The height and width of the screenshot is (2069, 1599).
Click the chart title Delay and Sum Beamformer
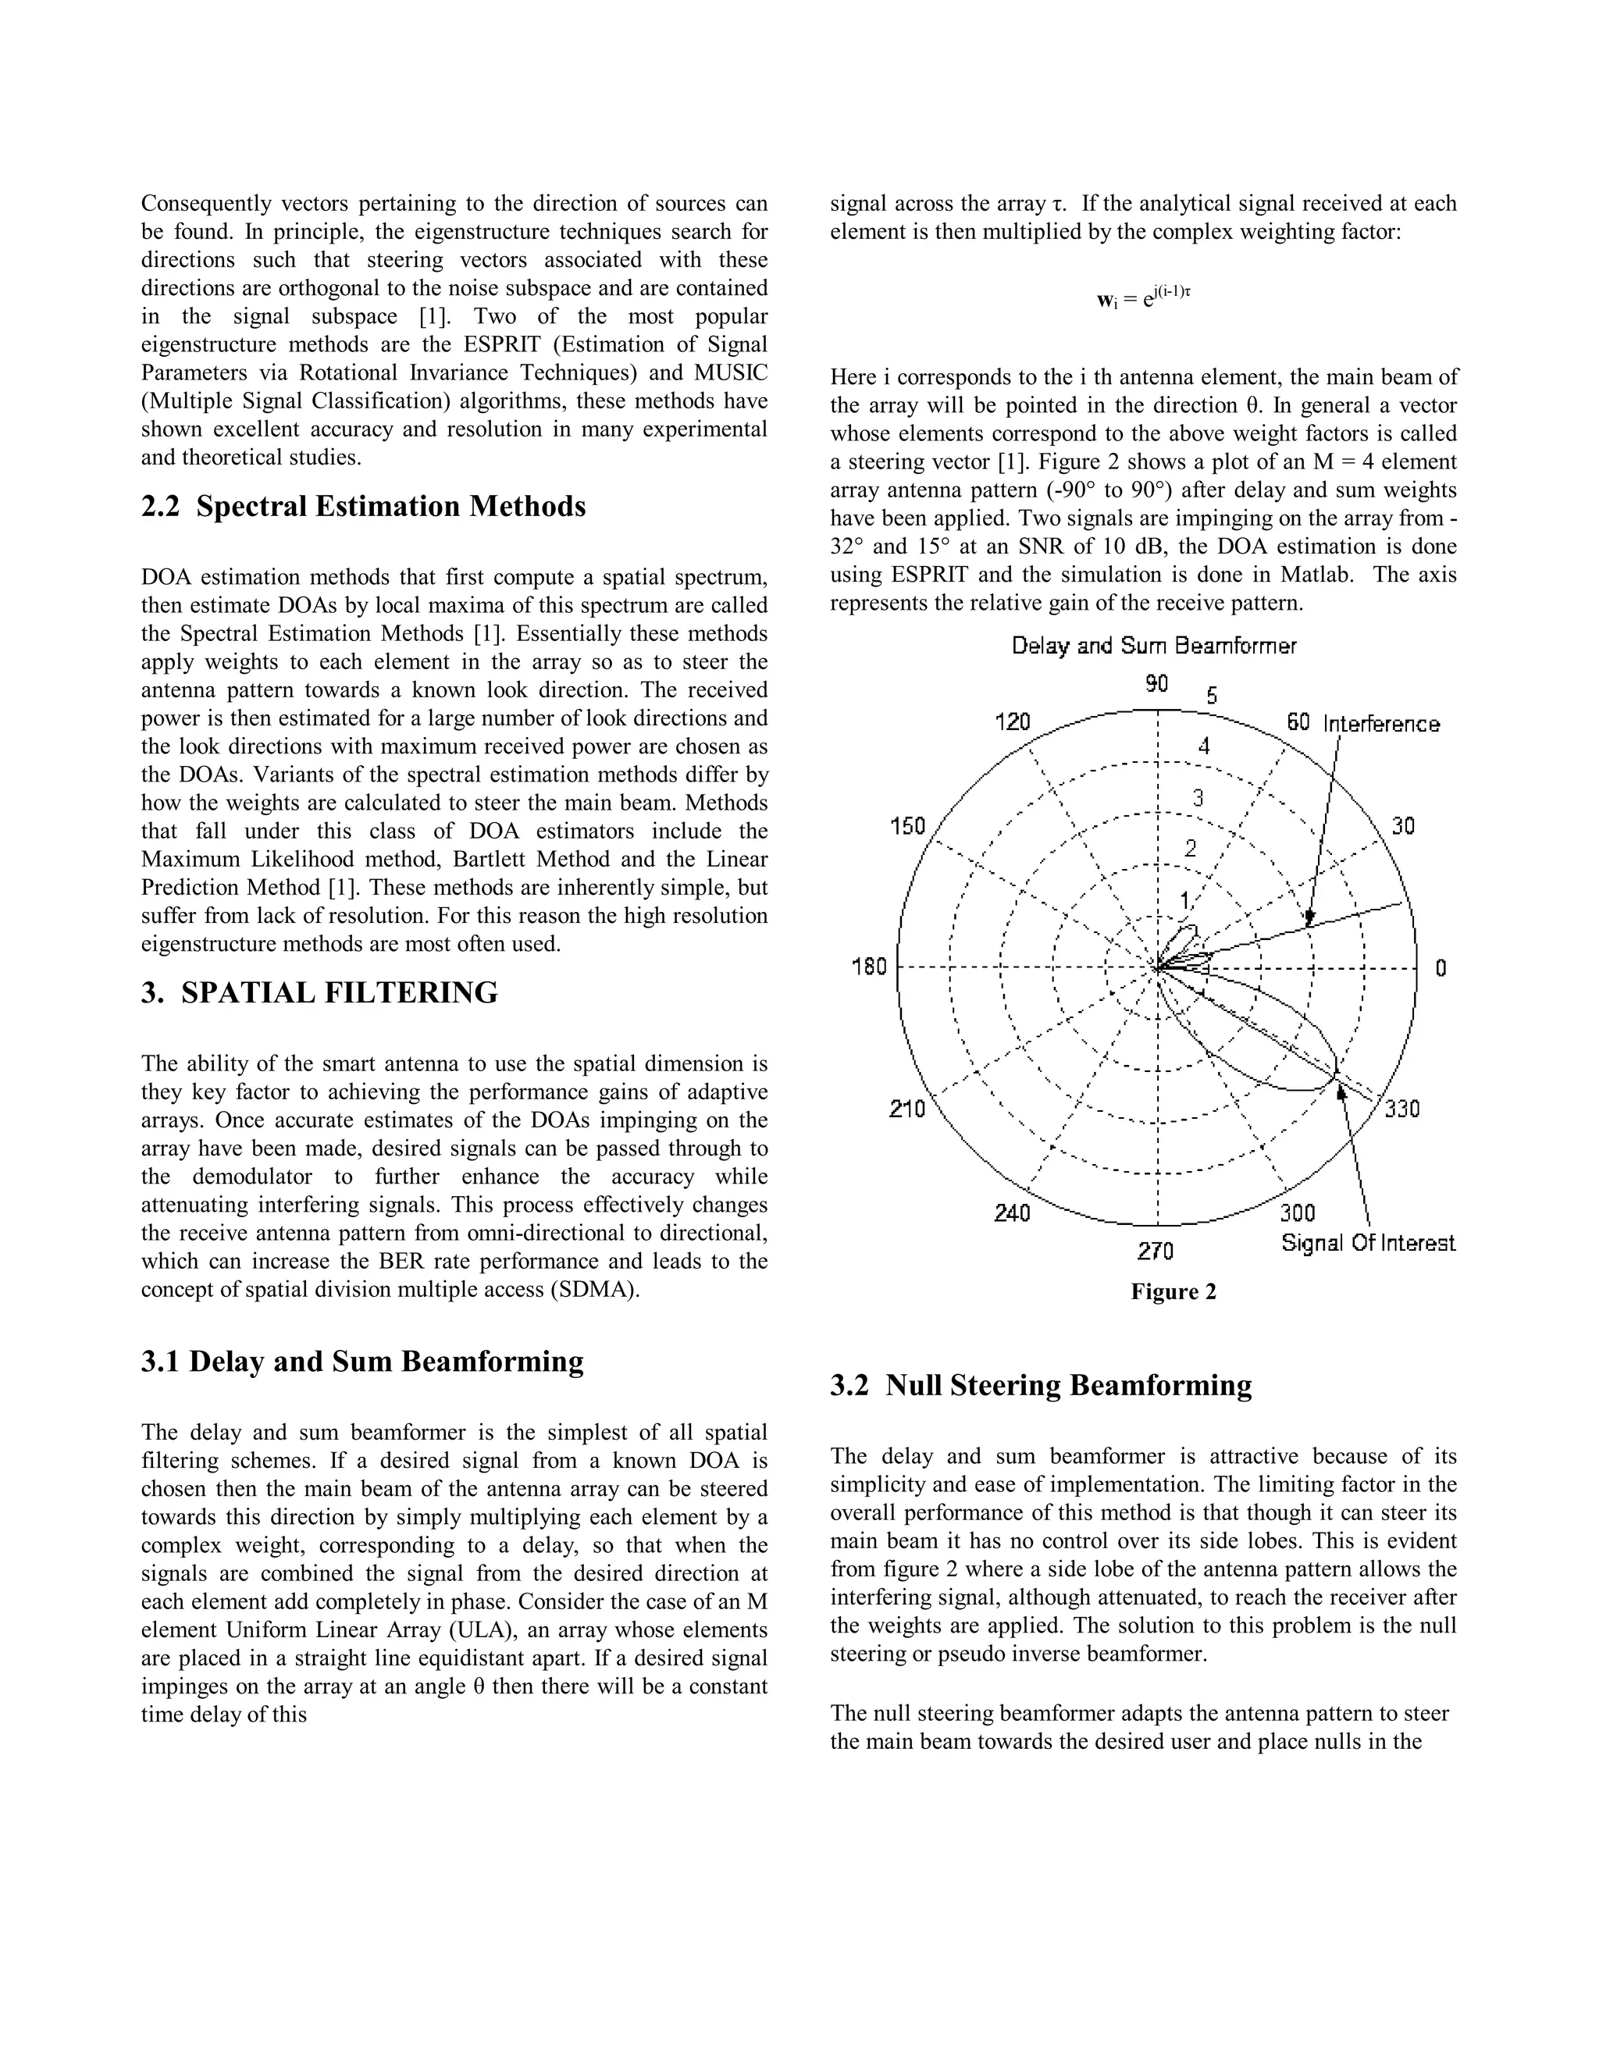point(1153,646)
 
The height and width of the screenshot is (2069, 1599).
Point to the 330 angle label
point(1402,1109)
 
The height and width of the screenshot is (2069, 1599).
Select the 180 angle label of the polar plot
point(870,967)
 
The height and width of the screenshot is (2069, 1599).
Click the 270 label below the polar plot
point(1156,1252)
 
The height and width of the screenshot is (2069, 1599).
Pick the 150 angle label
point(907,826)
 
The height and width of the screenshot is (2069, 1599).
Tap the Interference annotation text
point(1381,725)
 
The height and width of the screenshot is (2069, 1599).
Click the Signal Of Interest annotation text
point(1368,1243)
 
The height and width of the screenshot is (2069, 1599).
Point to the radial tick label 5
point(1212,696)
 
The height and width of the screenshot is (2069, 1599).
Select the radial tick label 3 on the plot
point(1198,798)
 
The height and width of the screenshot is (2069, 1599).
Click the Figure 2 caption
point(1173,1292)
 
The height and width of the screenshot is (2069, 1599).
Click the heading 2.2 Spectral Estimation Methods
point(364,507)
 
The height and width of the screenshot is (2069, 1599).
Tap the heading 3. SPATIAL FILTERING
point(319,993)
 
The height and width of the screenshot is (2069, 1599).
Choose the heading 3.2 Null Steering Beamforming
point(1041,1385)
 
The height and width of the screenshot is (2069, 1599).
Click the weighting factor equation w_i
point(1142,298)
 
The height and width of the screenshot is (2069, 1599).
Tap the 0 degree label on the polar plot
point(1440,968)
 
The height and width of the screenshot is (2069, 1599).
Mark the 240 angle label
point(1012,1213)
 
